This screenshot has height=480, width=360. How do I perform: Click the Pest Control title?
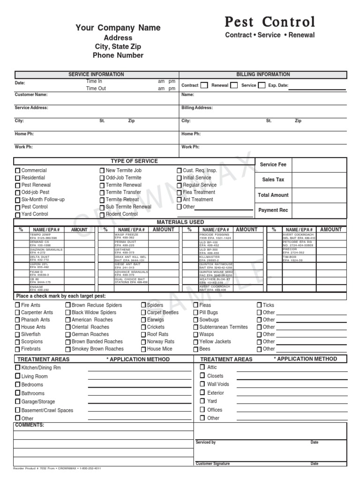pyautogui.click(x=270, y=22)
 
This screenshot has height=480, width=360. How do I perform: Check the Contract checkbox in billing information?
pyautogui.click(x=204, y=85)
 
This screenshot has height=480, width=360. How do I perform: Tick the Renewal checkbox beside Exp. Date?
pyautogui.click(x=234, y=85)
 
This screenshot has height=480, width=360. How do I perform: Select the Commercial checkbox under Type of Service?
pyautogui.click(x=18, y=171)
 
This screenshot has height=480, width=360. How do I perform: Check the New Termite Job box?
pyautogui.click(x=102, y=171)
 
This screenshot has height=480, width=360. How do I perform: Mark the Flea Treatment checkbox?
pyautogui.click(x=179, y=193)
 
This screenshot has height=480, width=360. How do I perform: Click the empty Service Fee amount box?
pyautogui.click(x=320, y=165)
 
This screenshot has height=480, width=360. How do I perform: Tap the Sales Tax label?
pyautogui.click(x=273, y=180)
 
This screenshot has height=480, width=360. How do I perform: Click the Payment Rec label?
pyautogui.click(x=273, y=210)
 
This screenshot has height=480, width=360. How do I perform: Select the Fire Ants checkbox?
pyautogui.click(x=18, y=306)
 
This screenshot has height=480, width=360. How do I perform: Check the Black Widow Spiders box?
pyautogui.click(x=68, y=313)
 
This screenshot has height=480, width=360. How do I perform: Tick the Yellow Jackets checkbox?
pyautogui.click(x=196, y=342)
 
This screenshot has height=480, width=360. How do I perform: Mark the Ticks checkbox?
pyautogui.click(x=259, y=305)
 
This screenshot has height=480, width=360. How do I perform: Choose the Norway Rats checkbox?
pyautogui.click(x=143, y=342)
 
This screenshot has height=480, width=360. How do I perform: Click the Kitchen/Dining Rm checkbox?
pyautogui.click(x=18, y=368)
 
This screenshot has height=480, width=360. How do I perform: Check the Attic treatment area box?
pyautogui.click(x=202, y=367)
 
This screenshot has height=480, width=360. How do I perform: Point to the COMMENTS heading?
pyautogui.click(x=30, y=425)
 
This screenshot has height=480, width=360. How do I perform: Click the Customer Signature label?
pyautogui.click(x=212, y=464)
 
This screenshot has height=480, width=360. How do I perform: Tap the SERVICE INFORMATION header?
pyautogui.click(x=96, y=75)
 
